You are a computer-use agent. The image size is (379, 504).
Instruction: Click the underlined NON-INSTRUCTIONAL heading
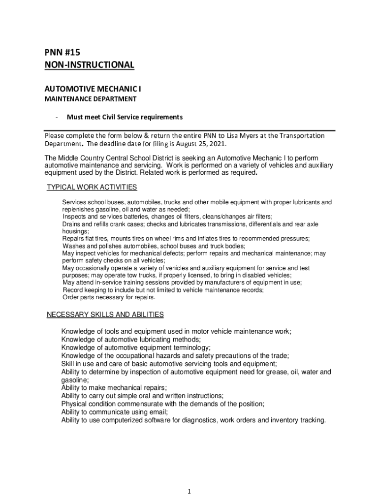[x=89, y=65]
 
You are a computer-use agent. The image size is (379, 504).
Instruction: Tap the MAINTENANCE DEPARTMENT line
[x=90, y=99]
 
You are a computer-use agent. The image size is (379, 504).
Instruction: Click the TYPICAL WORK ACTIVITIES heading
[x=92, y=188]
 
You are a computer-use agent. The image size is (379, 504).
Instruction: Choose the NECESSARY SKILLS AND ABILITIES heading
[x=105, y=315]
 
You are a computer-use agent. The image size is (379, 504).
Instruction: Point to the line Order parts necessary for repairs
[x=109, y=297]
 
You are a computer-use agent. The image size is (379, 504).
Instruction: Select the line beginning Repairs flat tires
[x=186, y=239]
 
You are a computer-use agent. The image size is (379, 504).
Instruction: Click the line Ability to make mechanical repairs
[x=114, y=388]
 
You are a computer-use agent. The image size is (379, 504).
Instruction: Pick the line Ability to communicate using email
[x=114, y=412]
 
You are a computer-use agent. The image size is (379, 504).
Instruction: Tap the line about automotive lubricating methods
[x=130, y=340]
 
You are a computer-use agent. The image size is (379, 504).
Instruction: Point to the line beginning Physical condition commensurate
[x=162, y=404]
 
